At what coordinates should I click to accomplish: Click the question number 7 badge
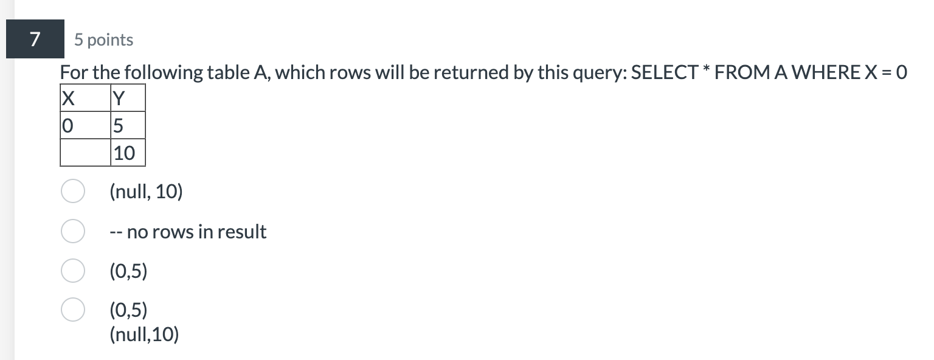tap(35, 40)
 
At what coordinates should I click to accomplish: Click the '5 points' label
tap(104, 40)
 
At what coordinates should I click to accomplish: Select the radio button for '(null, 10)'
tap(72, 192)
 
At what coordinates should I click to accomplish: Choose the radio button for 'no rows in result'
tap(72, 232)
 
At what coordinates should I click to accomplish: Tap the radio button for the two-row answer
tap(72, 310)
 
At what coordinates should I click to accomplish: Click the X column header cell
tap(85, 98)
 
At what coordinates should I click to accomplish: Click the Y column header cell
tap(128, 98)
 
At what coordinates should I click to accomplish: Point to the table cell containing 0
tap(85, 125)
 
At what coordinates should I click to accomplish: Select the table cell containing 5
tap(128, 125)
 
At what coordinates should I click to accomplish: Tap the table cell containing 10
tap(128, 153)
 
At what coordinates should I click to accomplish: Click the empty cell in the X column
tap(85, 153)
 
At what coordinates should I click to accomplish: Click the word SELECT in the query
tap(665, 73)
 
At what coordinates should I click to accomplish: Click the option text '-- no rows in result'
tap(188, 232)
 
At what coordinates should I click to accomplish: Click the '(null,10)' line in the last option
tap(144, 334)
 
